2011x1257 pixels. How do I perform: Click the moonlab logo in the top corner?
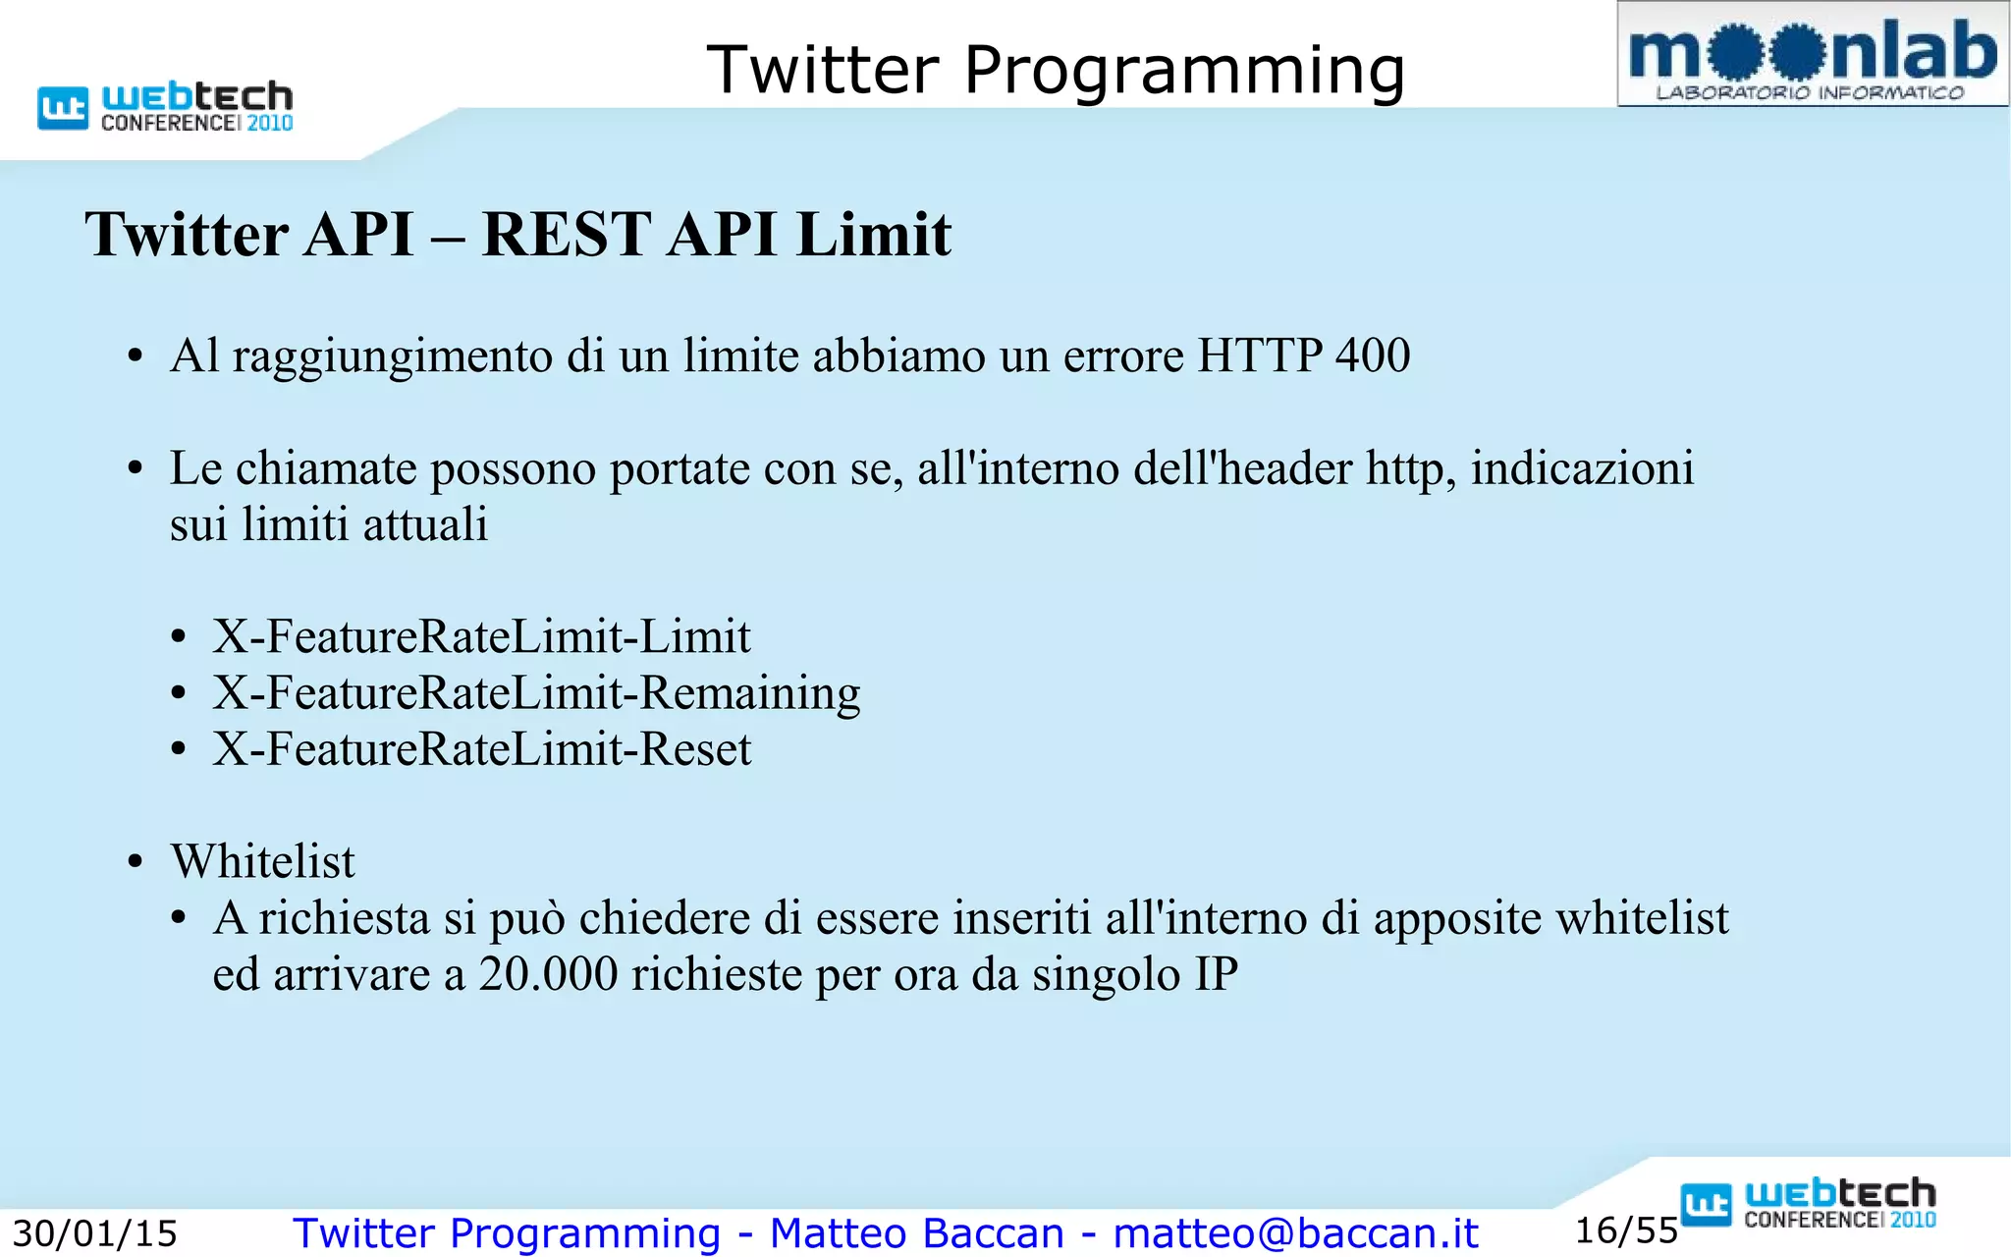1812,55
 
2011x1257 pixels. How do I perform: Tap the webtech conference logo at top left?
166,106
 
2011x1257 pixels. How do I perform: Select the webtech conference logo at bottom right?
1808,1203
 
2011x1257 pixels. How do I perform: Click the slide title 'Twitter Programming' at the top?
1056,70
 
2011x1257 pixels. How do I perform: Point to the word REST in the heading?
566,235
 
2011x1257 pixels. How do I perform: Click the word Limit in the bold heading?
873,235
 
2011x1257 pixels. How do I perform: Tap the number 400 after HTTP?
1372,355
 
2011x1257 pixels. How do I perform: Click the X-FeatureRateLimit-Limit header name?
481,636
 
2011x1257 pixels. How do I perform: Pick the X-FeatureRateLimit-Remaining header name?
536,693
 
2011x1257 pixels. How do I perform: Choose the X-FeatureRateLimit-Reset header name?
481,749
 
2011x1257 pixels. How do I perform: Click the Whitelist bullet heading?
262,861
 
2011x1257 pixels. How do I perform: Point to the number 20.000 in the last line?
548,974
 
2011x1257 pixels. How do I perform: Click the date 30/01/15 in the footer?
94,1233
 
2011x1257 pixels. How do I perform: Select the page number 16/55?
1626,1230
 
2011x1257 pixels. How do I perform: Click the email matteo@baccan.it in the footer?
1295,1233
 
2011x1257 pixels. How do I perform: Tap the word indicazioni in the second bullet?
1582,468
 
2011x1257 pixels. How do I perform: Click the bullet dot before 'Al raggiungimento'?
136,356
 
